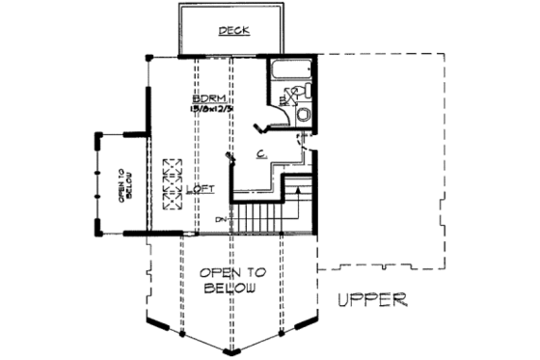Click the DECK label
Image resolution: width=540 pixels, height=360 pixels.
point(232,31)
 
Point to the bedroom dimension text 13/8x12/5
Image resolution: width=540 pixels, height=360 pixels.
point(210,111)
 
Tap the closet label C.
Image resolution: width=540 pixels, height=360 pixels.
point(261,153)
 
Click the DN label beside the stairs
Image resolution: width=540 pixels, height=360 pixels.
point(222,219)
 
